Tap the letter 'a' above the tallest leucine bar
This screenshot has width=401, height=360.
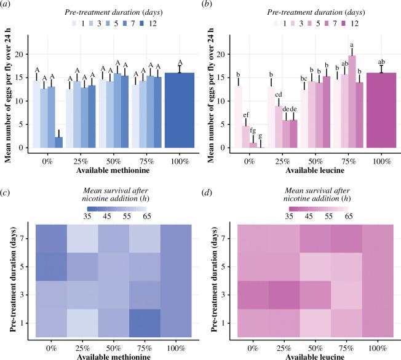352,44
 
